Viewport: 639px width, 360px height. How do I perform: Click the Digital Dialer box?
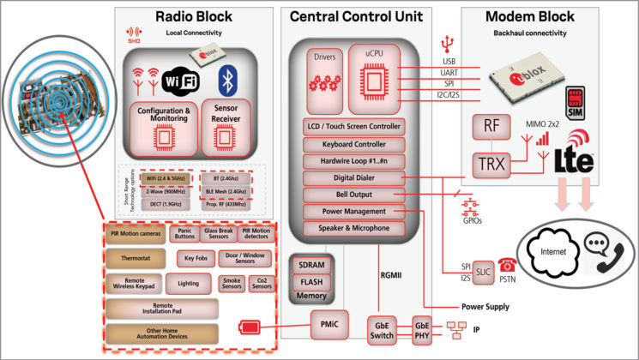(354, 177)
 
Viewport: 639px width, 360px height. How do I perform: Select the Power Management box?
(354, 211)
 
